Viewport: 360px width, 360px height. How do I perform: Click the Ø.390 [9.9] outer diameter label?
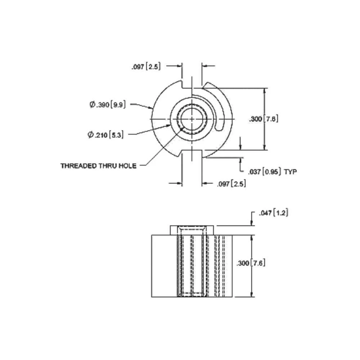[108, 105]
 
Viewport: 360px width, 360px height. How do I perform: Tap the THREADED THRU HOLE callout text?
[98, 166]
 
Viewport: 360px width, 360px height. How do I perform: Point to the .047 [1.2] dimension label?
[273, 213]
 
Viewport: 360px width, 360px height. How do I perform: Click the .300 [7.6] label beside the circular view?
[264, 119]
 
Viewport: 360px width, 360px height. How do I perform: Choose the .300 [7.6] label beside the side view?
[251, 263]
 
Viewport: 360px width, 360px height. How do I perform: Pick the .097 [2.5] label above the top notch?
[146, 66]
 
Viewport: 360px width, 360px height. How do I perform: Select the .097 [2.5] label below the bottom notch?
[231, 184]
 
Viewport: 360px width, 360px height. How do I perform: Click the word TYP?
[291, 172]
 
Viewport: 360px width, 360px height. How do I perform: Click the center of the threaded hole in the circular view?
[193, 119]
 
